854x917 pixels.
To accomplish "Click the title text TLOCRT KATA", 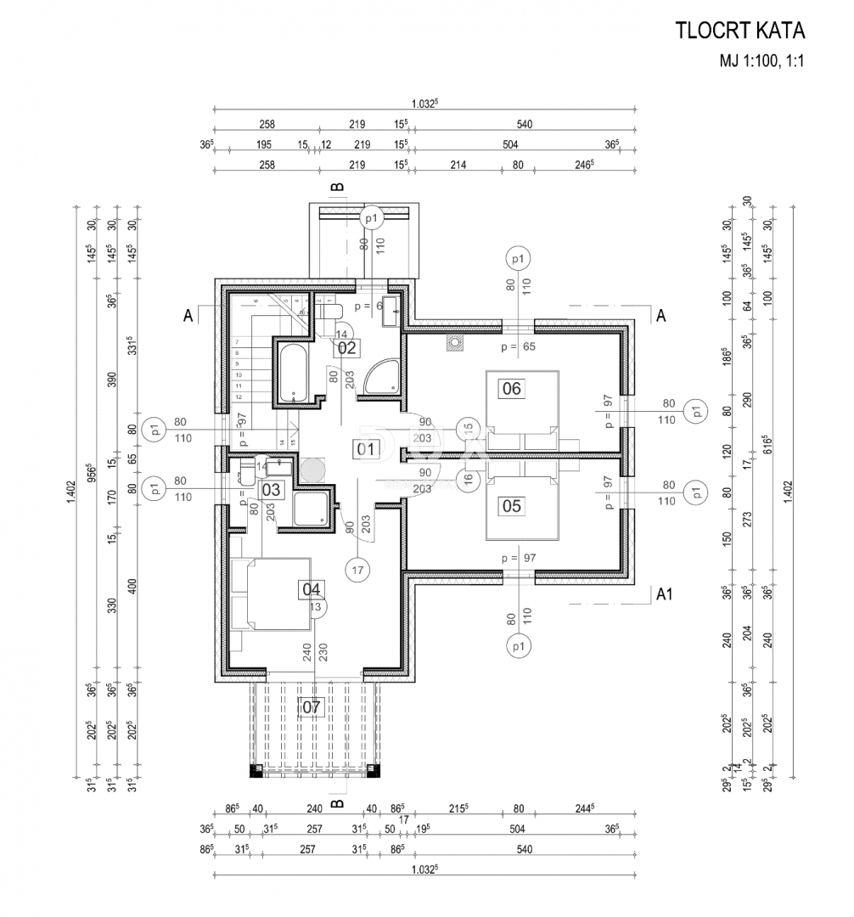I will pos(739,31).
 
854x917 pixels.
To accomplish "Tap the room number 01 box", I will pos(366,449).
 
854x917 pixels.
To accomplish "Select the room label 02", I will pos(348,346).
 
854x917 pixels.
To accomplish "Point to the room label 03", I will pos(271,489).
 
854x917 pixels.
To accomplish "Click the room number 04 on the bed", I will pos(312,588).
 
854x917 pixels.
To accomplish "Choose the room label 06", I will pos(512,389).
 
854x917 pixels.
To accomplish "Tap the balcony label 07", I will pos(312,706).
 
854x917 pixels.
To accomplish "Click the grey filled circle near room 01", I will pos(313,468).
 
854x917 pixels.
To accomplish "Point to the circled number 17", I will pos(357,571).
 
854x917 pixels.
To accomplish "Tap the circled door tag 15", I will pos(467,429).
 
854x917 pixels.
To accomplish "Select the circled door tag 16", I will pos(467,479).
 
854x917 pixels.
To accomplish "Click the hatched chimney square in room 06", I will pos(457,344).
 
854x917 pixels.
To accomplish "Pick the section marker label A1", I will pos(665,594).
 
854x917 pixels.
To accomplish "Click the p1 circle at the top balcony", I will pos(370,218).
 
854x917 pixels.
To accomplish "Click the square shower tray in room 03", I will pos(308,510).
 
